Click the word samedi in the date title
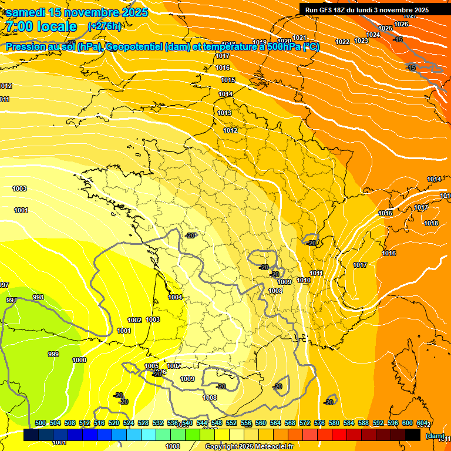coord(26,12)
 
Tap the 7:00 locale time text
coord(41,26)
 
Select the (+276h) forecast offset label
coord(105,26)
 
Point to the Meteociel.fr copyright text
coord(250,446)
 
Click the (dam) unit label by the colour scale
coord(435,436)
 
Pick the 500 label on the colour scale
coord(41,423)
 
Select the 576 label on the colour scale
coord(319,423)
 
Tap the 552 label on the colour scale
coord(231,423)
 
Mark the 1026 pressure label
coord(401,24)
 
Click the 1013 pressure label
coord(224,113)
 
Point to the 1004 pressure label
coord(175,297)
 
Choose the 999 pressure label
coord(53,354)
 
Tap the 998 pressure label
coord(38,297)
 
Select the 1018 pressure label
coord(431,223)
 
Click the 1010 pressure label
coord(304,280)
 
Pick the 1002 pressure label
coord(134,320)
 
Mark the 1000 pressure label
coord(79,360)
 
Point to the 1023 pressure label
coord(361,41)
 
